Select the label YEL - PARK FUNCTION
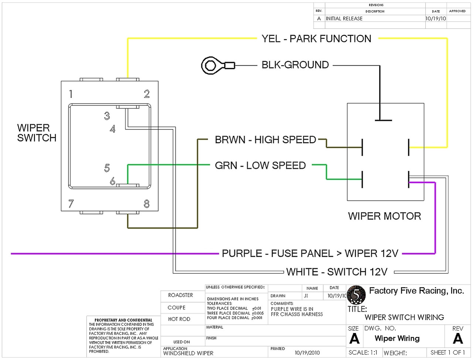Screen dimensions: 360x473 point(316,39)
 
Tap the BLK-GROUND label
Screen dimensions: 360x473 point(295,65)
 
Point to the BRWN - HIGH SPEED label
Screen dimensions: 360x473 point(265,140)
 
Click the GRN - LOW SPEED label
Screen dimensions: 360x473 point(260,166)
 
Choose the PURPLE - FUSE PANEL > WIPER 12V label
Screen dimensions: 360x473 point(310,254)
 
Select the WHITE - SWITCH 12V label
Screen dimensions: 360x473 point(337,272)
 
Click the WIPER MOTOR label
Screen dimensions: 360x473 point(384,216)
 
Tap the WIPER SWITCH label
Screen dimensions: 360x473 point(36,133)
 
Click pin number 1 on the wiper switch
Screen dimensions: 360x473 point(71,94)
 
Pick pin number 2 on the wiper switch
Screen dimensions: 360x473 point(147,94)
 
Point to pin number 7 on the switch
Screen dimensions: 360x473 point(71,204)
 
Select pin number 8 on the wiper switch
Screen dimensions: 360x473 point(147,204)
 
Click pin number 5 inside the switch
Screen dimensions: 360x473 point(107,168)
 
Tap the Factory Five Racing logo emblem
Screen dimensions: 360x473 point(357,295)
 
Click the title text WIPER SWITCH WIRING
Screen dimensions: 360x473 point(404,317)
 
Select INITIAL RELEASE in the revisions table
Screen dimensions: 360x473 point(344,18)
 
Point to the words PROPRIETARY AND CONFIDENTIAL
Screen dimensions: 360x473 point(123,320)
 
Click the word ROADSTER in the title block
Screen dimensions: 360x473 point(180,295)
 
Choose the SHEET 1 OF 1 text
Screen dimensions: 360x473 point(448,353)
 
